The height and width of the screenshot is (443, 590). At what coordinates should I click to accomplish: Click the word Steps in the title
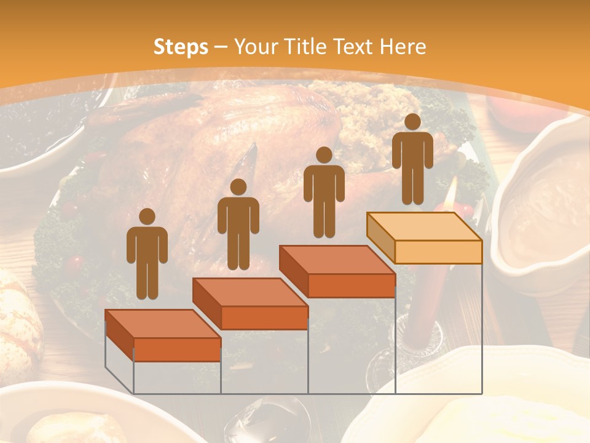tap(181, 47)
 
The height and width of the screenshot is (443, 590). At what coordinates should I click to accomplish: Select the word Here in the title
tap(403, 47)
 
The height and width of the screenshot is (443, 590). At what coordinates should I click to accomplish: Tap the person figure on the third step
tap(324, 193)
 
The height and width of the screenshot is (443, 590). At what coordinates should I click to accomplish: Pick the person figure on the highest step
tap(412, 160)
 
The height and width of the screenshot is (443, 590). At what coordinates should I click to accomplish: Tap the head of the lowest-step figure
tap(147, 217)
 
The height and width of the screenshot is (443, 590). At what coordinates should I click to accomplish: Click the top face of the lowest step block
tap(163, 324)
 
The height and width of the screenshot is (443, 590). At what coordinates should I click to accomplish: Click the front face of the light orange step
tap(438, 252)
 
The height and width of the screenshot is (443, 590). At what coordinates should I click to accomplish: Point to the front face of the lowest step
tap(177, 349)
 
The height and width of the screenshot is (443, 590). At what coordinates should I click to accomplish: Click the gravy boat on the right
tap(541, 203)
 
